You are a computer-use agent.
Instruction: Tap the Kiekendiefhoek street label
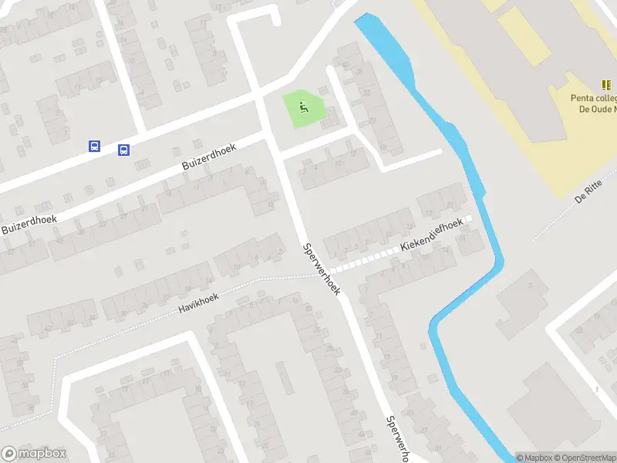[431, 235]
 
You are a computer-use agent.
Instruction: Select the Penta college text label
[593, 98]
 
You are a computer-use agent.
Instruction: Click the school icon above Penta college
[606, 85]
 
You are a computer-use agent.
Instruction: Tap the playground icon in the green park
[303, 109]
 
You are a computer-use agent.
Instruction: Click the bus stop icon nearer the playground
[123, 150]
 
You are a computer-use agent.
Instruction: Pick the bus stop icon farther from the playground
[94, 146]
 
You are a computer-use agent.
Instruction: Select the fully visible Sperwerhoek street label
[322, 268]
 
